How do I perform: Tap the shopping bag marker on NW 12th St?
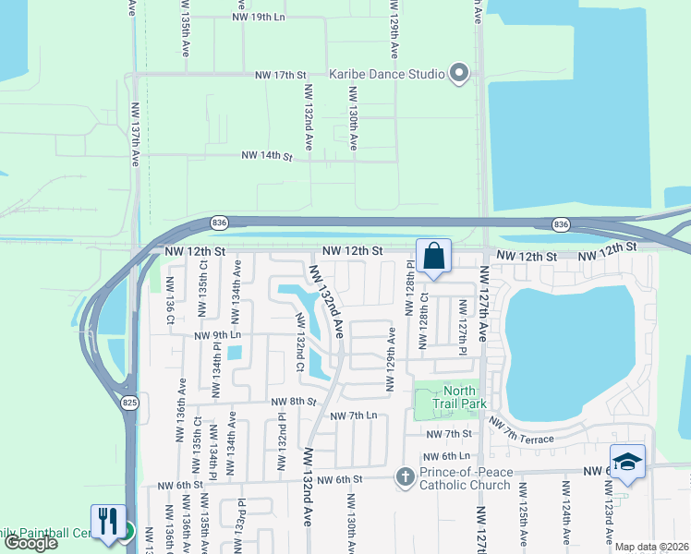point(433,258)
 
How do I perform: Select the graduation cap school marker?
point(626,463)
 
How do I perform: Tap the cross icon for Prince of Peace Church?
point(404,477)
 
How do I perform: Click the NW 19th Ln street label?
point(259,17)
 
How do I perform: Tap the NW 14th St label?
point(267,158)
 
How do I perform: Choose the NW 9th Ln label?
point(218,335)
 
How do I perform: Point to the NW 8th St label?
point(294,402)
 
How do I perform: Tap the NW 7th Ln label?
point(353,415)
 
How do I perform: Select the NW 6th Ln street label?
point(447,457)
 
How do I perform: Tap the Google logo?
point(30,543)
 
